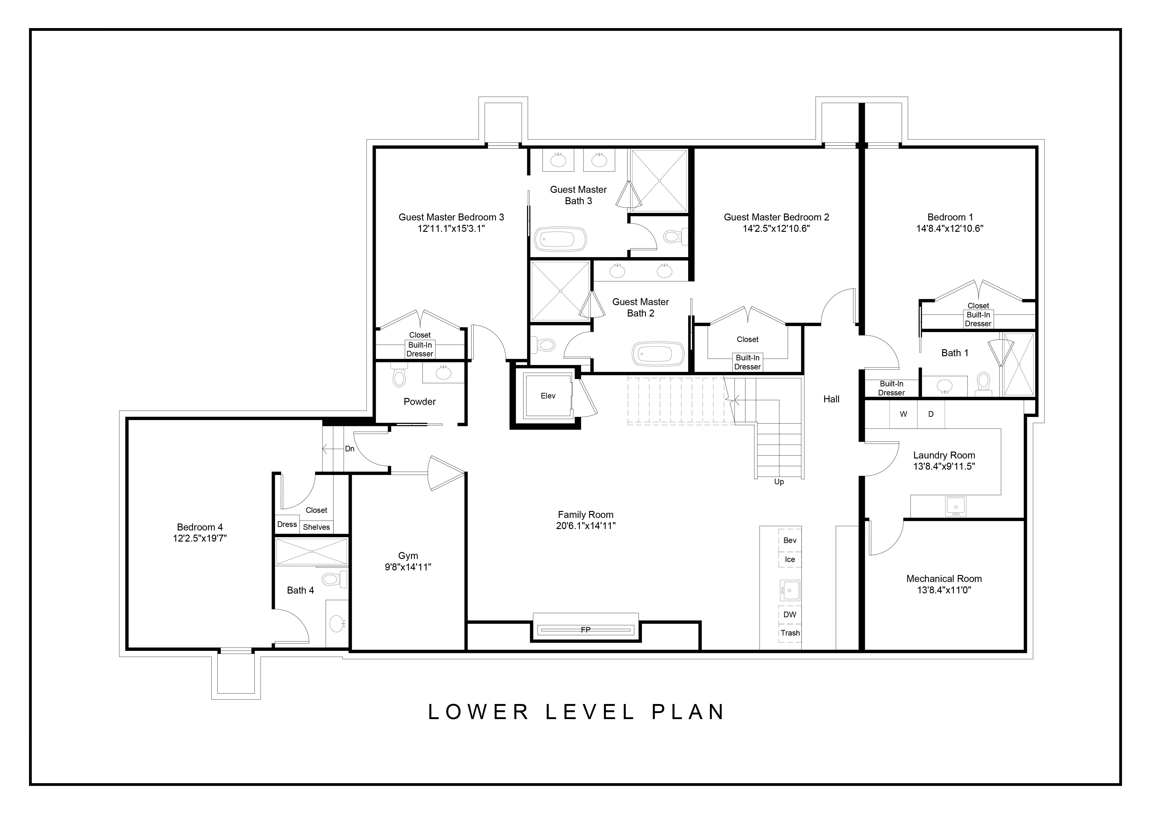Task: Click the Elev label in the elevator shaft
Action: [548, 396]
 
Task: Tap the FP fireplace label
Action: [586, 630]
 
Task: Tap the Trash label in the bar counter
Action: [790, 633]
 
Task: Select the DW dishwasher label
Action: [790, 614]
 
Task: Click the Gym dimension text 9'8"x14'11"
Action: [408, 567]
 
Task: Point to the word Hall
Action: [831, 400]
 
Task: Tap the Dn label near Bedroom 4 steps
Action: [349, 449]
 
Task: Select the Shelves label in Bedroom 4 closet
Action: [316, 527]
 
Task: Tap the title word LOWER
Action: [479, 712]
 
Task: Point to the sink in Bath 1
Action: [945, 386]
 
